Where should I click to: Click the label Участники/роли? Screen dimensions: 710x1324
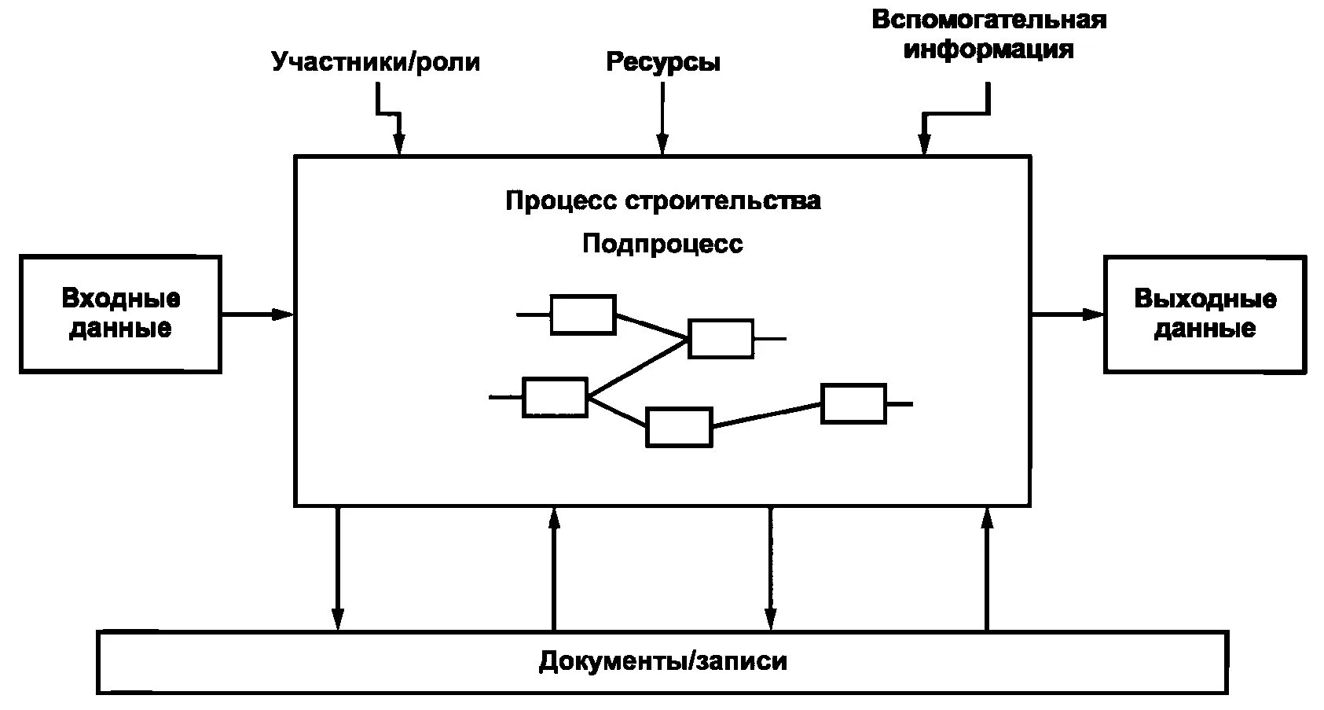point(376,61)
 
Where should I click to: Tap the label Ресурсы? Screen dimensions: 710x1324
point(662,61)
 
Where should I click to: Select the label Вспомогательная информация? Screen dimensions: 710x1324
point(988,35)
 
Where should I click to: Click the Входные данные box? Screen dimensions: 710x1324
point(120,314)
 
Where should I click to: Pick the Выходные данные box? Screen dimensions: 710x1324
point(1205,314)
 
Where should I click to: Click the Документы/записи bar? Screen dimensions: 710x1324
point(662,661)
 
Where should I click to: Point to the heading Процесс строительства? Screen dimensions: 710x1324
point(662,200)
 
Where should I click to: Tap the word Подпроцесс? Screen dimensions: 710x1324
point(662,244)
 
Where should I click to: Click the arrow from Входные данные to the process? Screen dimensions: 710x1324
point(257,315)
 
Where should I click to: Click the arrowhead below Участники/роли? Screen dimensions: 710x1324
point(399,143)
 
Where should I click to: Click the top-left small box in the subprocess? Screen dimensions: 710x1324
point(582,315)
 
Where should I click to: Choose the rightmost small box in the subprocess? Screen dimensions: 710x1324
point(853,403)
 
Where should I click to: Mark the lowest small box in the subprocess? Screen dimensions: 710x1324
point(679,427)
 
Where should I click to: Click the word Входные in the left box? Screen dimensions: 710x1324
point(120,299)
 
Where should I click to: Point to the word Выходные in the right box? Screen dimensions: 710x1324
point(1205,299)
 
